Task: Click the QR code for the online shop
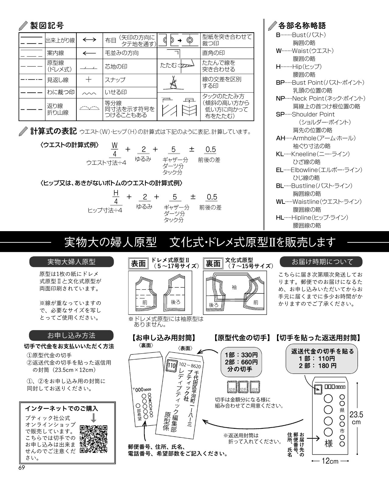point(93,439)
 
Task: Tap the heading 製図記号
point(47,26)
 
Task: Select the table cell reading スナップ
point(115,80)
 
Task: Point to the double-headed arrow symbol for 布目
point(89,40)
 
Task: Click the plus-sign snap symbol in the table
point(89,80)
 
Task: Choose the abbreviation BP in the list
point(280,82)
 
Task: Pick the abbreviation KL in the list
point(280,154)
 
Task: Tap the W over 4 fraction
point(115,149)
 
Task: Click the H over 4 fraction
point(116,197)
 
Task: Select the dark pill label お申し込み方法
point(72,335)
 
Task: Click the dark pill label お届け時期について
point(321,262)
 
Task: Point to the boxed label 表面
point(138,263)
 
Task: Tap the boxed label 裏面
point(213,263)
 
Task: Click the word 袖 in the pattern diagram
point(234,287)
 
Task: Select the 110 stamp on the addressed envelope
point(171,366)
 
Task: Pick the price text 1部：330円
point(241,355)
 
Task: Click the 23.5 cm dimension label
point(356,418)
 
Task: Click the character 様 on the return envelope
point(328,443)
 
